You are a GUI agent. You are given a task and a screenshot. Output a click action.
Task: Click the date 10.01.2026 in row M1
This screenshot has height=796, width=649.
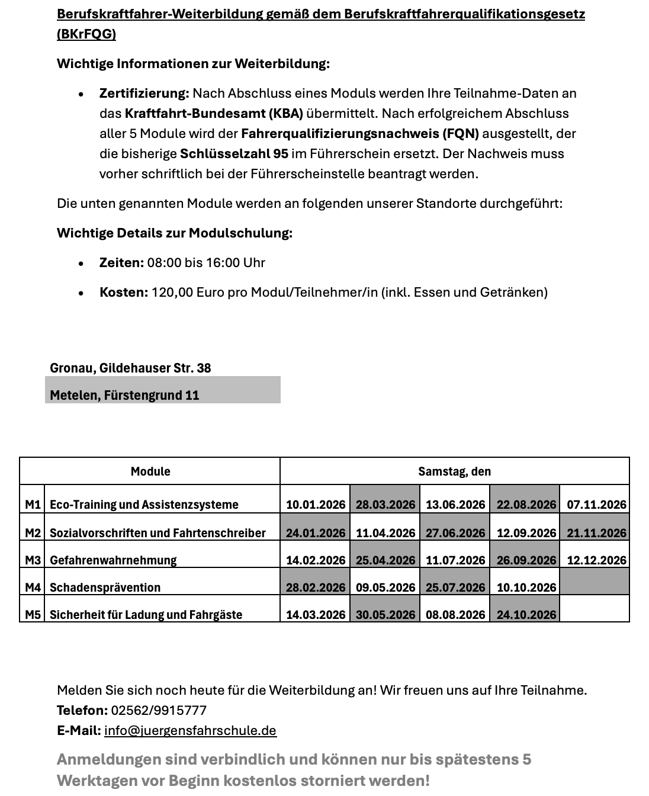315,504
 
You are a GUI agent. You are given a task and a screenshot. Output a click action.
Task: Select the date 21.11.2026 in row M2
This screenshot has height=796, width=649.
596,532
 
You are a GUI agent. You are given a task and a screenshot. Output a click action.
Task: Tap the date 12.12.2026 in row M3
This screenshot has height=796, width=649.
596,560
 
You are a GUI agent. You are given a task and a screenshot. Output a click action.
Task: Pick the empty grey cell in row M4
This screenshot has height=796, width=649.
595,582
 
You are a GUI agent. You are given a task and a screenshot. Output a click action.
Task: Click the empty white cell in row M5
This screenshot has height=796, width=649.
595,609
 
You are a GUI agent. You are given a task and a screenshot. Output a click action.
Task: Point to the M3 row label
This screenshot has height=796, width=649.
33,560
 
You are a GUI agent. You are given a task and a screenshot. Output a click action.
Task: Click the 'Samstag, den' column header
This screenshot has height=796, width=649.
454,471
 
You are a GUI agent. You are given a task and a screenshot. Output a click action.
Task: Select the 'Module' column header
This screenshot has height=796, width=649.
150,471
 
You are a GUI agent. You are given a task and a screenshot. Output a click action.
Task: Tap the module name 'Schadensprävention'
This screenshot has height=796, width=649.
105,587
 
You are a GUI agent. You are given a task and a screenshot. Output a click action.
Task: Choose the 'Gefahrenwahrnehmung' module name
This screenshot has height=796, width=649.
113,560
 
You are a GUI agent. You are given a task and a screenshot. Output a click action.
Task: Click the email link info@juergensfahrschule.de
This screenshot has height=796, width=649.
190,730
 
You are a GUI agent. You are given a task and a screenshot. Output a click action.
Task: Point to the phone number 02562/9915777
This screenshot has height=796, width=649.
159,710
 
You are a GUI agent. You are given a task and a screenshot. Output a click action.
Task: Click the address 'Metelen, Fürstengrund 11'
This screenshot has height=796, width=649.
124,395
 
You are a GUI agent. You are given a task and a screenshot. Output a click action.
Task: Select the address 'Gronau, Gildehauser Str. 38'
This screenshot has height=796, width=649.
130,368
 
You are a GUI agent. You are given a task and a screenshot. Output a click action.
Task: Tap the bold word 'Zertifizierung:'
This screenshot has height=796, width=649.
144,93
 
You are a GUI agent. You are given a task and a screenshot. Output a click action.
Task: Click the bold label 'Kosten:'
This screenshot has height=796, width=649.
123,292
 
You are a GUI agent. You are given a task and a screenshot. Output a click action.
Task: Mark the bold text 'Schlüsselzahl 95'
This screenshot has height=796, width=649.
234,153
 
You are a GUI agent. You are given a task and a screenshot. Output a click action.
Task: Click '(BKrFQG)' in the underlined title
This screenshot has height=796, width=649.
86,34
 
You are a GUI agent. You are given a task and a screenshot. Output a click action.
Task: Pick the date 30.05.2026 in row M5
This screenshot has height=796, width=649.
385,614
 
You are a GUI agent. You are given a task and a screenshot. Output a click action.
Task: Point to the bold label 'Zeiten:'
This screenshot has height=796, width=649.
121,262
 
